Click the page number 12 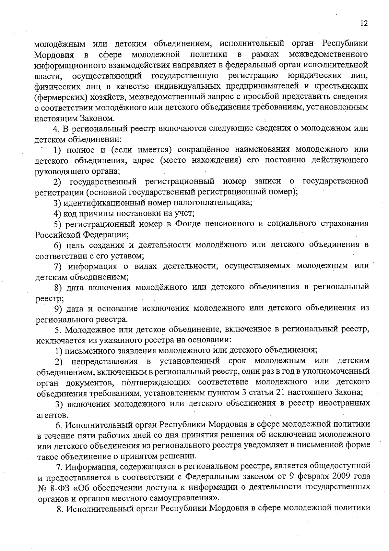(364, 23)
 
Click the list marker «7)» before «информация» (58, 266)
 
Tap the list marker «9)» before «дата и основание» (58, 308)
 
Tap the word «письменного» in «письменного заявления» (83, 351)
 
